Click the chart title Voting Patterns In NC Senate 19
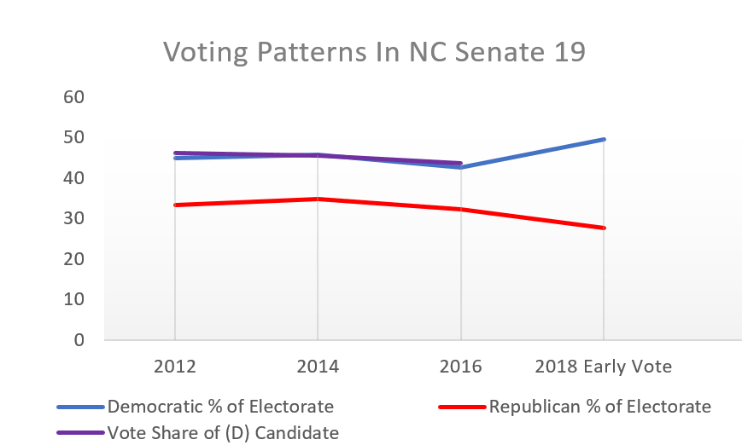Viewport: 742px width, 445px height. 374,52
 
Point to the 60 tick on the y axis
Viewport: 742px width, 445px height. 74,97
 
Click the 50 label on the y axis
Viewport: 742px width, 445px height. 74,138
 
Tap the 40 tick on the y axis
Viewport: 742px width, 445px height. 74,178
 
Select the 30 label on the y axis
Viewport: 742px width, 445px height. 74,219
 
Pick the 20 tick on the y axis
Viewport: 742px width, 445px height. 74,259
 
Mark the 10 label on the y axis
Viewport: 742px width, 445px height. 74,300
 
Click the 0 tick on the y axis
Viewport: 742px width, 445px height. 79,340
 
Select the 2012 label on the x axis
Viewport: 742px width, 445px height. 175,367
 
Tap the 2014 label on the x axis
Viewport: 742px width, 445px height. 318,367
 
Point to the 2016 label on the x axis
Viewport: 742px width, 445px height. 461,367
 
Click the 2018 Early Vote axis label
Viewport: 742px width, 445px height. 604,367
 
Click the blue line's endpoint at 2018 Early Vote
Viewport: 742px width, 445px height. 604,139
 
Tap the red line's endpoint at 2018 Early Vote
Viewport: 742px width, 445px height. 604,228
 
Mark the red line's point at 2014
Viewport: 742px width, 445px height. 318,199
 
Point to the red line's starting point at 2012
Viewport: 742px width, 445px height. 175,205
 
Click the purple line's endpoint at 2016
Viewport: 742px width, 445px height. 461,163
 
